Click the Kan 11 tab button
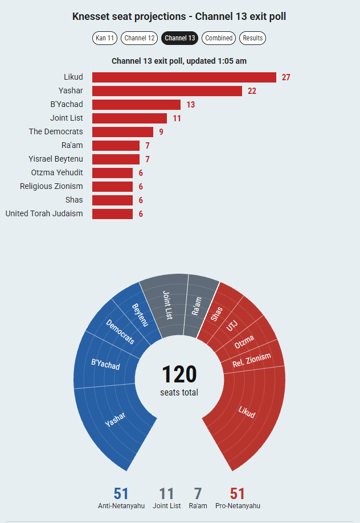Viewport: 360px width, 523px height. pos(105,38)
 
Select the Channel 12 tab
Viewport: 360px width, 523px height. pos(139,38)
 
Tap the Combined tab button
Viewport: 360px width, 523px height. pos(219,38)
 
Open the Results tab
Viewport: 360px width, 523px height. pos(252,38)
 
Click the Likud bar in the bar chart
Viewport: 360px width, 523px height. pos(185,77)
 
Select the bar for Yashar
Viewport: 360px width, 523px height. pos(167,91)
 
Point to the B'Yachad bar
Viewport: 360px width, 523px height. pos(136,105)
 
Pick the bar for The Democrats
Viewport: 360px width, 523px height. pos(122,132)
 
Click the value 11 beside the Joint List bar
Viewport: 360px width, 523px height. pos(177,118)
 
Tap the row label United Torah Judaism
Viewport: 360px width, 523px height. pos(44,213)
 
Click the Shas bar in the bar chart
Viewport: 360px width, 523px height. pos(113,200)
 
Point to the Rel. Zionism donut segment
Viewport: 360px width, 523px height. pos(253,357)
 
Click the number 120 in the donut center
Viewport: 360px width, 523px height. pos(179,374)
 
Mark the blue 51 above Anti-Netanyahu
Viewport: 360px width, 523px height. pos(121,493)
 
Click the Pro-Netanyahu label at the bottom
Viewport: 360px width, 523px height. pos(238,506)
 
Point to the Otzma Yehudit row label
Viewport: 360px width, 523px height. pos(57,172)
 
